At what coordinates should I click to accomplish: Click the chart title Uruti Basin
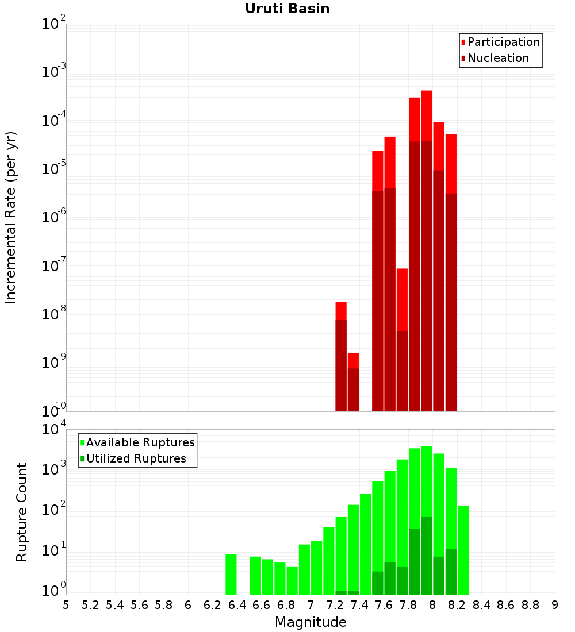(287, 9)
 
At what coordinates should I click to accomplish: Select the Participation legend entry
(504, 42)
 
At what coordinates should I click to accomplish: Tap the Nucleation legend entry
(498, 58)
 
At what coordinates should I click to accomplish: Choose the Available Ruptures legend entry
(140, 442)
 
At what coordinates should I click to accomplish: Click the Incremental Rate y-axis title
(11, 218)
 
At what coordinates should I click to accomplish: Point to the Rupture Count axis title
(22, 512)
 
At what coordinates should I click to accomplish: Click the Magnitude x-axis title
(310, 622)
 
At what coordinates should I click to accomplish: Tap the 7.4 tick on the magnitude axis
(359, 605)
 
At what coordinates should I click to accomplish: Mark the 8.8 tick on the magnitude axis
(530, 605)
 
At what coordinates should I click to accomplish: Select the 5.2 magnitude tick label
(90, 605)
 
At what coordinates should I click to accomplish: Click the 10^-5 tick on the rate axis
(53, 169)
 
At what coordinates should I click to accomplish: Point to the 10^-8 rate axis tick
(53, 314)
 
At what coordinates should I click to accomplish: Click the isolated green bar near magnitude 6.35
(231, 575)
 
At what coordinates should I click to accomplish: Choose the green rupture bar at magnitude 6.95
(304, 569)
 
